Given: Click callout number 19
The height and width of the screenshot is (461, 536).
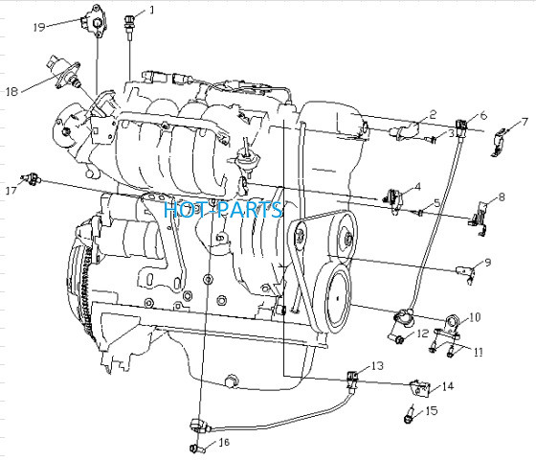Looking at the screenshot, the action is click(39, 27).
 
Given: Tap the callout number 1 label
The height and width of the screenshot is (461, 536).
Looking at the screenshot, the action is click(151, 10).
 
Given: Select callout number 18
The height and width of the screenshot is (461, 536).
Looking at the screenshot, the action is click(11, 91).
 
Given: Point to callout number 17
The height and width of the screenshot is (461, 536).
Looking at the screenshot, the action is click(11, 191).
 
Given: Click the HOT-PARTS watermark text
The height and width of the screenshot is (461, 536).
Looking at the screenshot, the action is click(223, 210).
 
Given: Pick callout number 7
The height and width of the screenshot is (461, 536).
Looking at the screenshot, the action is click(525, 122).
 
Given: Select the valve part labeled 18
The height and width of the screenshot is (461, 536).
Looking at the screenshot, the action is click(64, 71).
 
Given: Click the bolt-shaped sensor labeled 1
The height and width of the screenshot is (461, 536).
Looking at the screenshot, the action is click(129, 25).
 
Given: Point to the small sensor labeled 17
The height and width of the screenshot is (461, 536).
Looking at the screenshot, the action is click(32, 178).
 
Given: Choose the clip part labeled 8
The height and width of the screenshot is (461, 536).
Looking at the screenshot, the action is click(480, 219).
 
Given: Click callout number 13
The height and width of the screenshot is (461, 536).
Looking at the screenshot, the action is click(377, 366).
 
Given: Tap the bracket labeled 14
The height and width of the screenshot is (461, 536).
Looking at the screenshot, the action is click(420, 388).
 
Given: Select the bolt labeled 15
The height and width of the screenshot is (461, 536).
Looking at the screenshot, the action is click(410, 415).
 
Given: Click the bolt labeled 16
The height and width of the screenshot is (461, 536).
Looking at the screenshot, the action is click(197, 448).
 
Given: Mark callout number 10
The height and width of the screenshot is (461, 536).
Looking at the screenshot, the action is click(475, 317).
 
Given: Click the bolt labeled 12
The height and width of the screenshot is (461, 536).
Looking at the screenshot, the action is click(396, 338).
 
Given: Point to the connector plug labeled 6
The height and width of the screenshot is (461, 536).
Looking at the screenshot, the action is click(460, 127).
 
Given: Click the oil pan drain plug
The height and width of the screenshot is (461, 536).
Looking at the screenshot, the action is click(232, 380).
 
